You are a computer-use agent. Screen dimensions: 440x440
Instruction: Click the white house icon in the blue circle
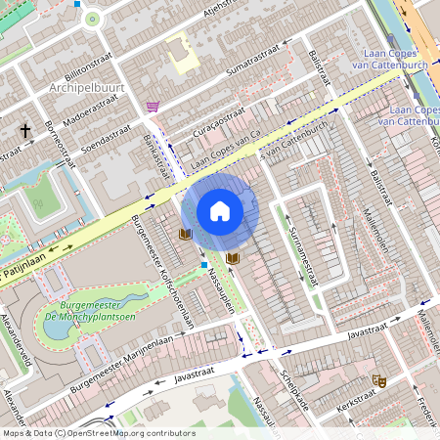click(220, 210)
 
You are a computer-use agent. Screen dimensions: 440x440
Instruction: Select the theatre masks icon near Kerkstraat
click(379, 380)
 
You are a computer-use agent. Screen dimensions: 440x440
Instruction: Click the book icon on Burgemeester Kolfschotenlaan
click(185, 234)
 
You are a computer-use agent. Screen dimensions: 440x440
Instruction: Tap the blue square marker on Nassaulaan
click(203, 265)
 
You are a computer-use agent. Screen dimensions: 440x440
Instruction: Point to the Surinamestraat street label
click(302, 251)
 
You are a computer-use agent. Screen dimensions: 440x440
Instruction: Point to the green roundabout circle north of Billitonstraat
click(93, 18)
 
